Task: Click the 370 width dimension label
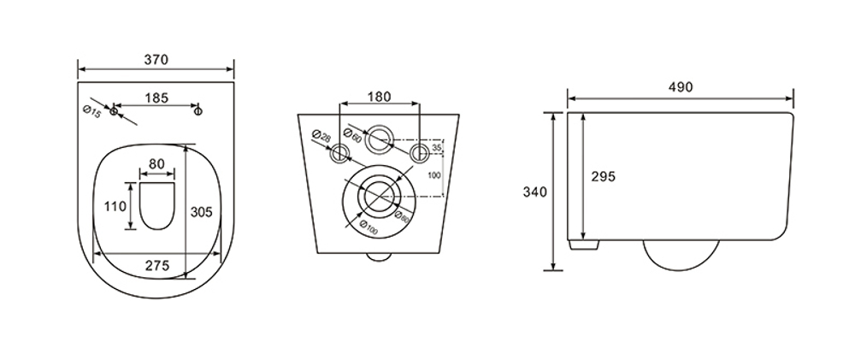coord(156,60)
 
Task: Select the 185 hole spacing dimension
coord(156,98)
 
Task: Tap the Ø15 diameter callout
coord(91,113)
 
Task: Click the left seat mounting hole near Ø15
coord(114,111)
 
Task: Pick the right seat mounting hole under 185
coord(198,111)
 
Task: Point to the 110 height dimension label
coord(115,207)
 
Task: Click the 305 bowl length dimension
coord(201,211)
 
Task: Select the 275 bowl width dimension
coord(157,266)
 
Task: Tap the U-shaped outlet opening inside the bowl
coord(157,205)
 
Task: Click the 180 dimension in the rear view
coord(379,97)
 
